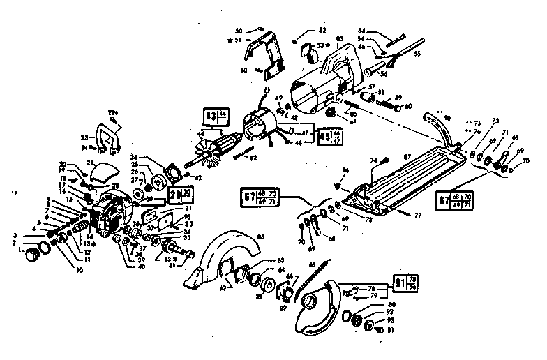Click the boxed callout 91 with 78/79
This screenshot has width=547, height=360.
coord(403,283)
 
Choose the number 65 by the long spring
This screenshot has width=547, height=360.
coord(313,263)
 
